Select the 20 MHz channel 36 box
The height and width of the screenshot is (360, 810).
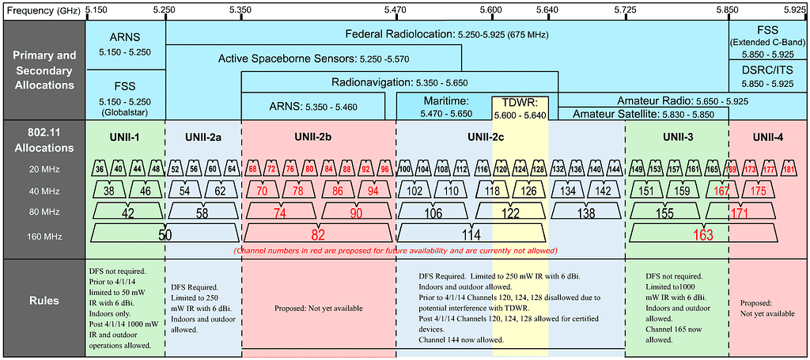(x=100, y=169)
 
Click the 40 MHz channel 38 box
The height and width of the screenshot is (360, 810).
(x=109, y=190)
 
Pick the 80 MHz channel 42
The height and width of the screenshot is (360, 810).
(x=127, y=212)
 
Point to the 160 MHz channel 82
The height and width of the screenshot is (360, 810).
(x=317, y=234)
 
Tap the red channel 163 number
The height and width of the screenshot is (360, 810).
(x=702, y=235)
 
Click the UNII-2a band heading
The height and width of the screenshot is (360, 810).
(x=202, y=137)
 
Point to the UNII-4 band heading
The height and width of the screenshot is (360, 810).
(x=768, y=137)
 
